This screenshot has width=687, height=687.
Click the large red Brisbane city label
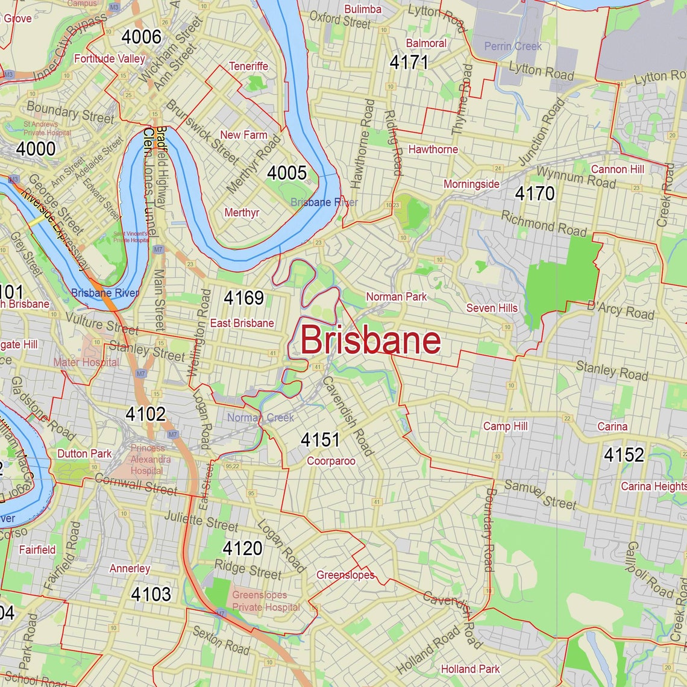tap(370, 340)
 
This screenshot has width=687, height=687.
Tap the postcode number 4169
tap(243, 298)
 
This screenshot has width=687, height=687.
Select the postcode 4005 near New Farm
tap(287, 173)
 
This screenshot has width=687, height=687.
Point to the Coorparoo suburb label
tap(331, 461)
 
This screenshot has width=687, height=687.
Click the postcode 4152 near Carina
tap(624, 454)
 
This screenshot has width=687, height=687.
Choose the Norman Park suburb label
tap(396, 296)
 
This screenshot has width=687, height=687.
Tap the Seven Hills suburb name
tap(492, 308)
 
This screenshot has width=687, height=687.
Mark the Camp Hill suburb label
tap(505, 426)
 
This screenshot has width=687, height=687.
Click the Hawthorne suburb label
tap(433, 149)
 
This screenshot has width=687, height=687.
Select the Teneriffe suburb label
tap(248, 66)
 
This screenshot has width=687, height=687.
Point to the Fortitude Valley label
tap(109, 58)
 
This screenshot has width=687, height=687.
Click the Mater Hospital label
tap(86, 362)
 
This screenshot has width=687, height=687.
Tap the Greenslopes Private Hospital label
tap(266, 601)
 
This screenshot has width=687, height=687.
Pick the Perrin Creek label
tap(513, 46)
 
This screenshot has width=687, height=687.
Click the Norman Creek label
tap(260, 418)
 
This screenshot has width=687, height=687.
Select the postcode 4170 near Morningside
tap(534, 193)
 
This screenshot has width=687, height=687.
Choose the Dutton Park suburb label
tap(84, 454)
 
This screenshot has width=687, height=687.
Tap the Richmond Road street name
tap(544, 224)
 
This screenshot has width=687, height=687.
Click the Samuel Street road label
tap(540, 495)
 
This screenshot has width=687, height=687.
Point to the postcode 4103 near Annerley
tap(151, 594)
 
